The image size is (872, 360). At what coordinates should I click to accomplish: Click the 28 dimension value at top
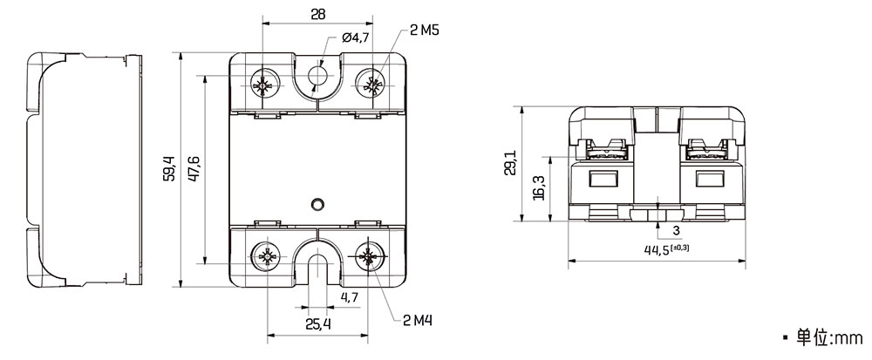317,14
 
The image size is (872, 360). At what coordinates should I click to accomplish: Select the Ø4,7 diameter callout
356,38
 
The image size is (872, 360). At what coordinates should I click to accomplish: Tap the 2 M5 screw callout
425,31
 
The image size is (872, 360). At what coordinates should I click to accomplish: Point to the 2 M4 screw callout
418,321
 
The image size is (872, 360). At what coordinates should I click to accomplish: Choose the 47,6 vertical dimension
194,169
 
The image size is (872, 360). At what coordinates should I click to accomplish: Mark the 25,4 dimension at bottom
318,324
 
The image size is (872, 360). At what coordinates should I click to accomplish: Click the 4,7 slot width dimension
349,297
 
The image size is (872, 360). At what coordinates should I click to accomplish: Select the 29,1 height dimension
510,163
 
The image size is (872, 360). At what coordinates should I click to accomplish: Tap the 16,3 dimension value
538,188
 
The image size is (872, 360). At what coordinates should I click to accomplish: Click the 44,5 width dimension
657,250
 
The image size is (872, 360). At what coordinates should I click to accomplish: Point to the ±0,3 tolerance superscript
679,248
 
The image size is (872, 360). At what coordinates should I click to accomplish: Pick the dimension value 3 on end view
677,230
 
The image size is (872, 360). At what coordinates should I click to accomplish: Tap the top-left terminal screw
262,85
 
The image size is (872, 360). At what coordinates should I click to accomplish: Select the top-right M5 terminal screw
371,85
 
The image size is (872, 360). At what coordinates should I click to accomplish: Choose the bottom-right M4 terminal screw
367,256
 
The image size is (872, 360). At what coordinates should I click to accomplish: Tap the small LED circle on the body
317,204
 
